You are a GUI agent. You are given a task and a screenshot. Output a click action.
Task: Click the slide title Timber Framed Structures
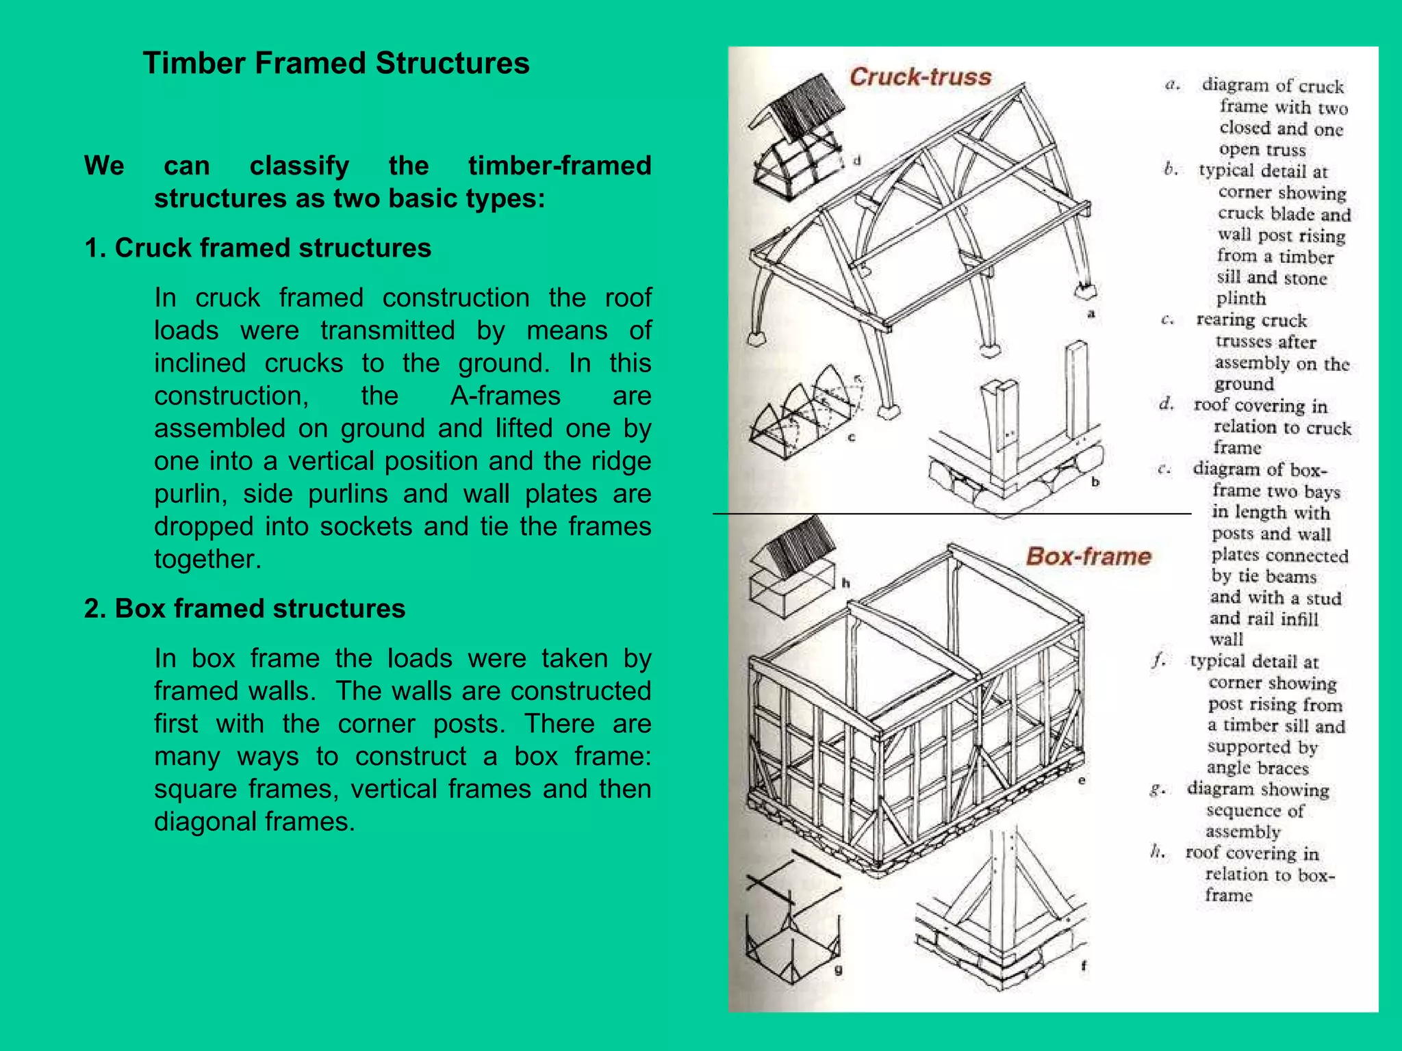335,64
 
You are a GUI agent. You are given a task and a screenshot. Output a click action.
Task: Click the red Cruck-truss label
920,77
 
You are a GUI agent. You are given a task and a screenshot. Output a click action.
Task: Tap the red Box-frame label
1088,556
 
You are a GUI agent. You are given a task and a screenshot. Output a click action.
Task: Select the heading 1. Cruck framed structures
257,248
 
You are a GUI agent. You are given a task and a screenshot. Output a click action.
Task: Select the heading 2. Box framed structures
244,608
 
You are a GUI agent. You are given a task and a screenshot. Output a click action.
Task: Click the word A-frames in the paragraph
505,396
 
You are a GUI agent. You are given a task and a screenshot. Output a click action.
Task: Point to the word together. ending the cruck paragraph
207,559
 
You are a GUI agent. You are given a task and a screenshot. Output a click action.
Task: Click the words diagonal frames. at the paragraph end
254,821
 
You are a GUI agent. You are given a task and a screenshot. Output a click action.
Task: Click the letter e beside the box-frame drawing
1082,781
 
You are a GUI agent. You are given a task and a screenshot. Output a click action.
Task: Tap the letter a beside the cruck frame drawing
1091,314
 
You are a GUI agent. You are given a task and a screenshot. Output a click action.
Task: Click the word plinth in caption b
1240,299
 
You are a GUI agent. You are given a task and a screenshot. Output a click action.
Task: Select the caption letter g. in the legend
1157,790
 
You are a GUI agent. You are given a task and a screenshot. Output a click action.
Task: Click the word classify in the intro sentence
299,166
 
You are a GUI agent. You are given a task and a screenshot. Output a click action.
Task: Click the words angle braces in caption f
1258,768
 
